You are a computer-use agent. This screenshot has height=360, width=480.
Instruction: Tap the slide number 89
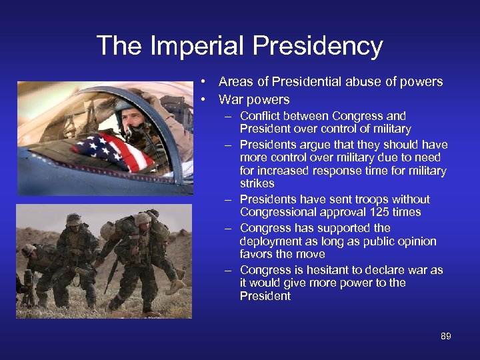coord(445,336)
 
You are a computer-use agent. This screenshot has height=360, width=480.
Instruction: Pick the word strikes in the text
coord(257,183)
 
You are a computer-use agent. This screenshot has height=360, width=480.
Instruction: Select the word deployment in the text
coord(270,241)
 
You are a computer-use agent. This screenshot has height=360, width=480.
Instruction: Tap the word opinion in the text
coord(416,241)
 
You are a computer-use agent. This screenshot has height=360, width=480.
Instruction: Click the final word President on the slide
coord(265,296)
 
